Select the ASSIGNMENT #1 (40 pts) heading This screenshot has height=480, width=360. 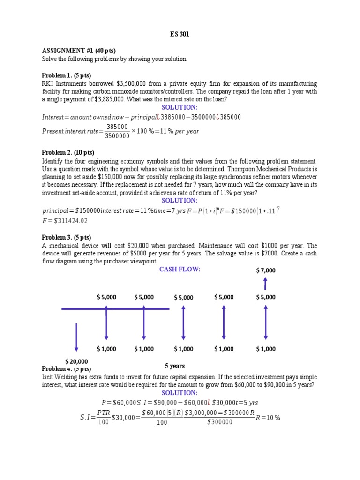point(78,51)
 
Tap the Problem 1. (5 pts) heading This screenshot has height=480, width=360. point(66,75)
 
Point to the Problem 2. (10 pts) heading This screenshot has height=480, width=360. point(67,152)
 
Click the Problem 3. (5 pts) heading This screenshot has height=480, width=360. point(66,237)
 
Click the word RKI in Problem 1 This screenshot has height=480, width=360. point(47,83)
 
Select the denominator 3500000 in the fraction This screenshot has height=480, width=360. point(118,136)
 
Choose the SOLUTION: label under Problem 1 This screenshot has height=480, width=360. point(180,107)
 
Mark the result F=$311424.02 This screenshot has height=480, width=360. point(65,220)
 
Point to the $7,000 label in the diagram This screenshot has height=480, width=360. point(266,270)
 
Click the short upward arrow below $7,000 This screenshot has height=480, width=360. point(265,283)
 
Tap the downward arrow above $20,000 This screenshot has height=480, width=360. point(76,337)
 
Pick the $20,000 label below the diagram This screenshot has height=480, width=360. point(76,361)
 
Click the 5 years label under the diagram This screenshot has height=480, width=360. point(174,366)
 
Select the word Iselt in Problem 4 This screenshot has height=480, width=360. point(49,377)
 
